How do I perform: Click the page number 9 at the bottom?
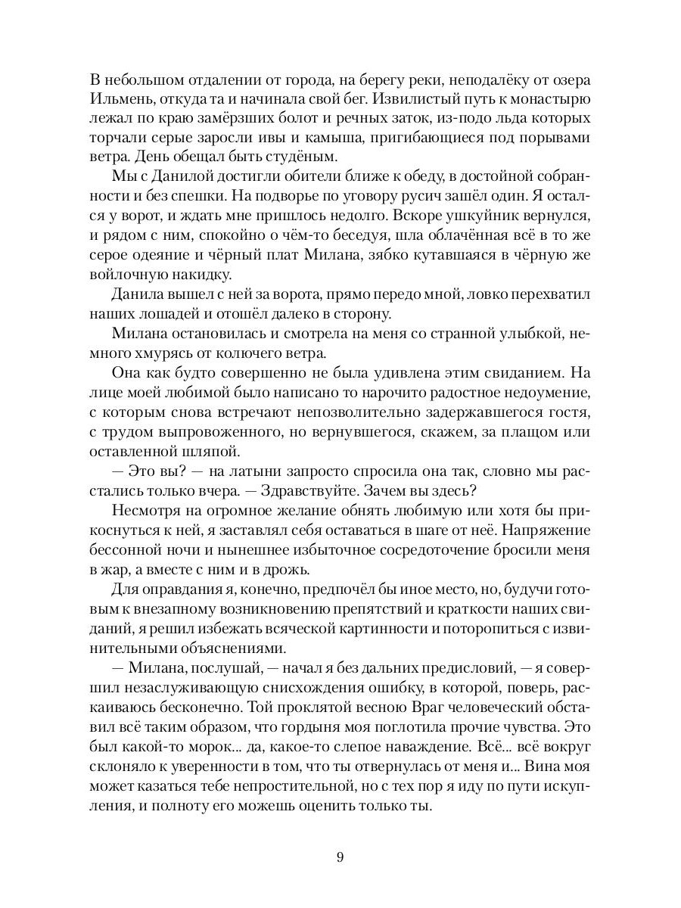click(340, 857)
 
